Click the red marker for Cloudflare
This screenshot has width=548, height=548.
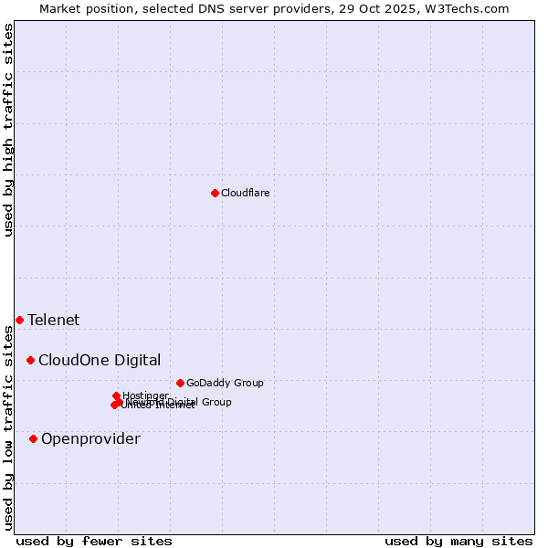pos(215,193)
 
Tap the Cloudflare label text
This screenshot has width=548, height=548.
pos(245,193)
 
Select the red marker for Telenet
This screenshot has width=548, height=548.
pos(19,320)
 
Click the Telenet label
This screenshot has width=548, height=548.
pos(53,320)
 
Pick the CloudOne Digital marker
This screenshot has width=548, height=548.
pos(30,360)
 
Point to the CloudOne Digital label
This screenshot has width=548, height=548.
pos(99,360)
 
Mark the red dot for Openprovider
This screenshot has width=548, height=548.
pos(33,438)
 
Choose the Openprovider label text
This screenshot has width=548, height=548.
pos(90,438)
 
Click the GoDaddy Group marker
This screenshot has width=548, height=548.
pos(180,383)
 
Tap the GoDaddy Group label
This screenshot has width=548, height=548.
pos(224,383)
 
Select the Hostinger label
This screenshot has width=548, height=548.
pos(145,395)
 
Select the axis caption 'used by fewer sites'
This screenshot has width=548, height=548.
pos(94,541)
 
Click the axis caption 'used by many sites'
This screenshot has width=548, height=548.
pos(458,541)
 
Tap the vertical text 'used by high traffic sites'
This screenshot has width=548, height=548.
pos(8,130)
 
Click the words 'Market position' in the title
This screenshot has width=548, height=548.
pos(80,8)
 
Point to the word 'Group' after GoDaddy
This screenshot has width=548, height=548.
pos(247,383)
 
